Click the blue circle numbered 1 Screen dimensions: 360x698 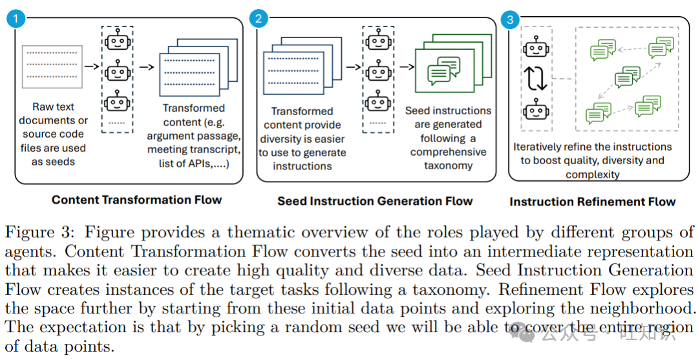point(16,18)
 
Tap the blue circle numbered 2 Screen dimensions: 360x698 point(259,18)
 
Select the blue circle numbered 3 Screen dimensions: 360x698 point(510,19)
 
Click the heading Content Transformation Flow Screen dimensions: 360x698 point(136,200)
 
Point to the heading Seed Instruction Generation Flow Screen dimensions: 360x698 point(375,201)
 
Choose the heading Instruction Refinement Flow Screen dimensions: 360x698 point(592,202)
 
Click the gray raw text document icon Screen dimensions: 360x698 point(52,67)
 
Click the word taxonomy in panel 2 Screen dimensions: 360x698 point(448,165)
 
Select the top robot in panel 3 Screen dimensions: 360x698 point(536,48)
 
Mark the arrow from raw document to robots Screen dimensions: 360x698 point(92,66)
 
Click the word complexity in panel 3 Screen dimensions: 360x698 point(592,175)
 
